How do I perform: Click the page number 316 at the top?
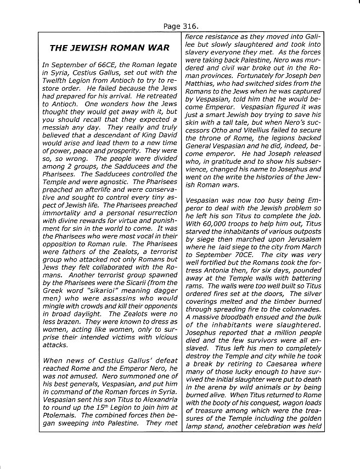pos(190,26)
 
